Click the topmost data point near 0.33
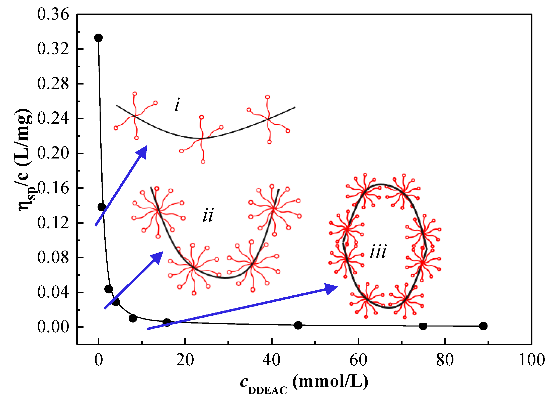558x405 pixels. coord(98,38)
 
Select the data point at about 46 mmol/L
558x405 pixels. coord(298,325)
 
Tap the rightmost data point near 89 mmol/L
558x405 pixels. coord(483,326)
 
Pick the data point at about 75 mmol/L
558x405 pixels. coord(423,326)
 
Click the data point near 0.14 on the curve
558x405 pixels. coord(102,207)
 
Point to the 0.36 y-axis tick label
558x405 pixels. coord(53,14)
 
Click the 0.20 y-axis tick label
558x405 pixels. coord(53,153)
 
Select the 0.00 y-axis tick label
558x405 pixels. coord(53,327)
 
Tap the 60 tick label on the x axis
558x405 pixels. coord(358,360)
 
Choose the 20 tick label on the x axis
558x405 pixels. coord(185,360)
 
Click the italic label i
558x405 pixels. coord(177,105)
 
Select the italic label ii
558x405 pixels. coord(208,215)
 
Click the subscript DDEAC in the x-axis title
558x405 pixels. coord(268,391)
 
